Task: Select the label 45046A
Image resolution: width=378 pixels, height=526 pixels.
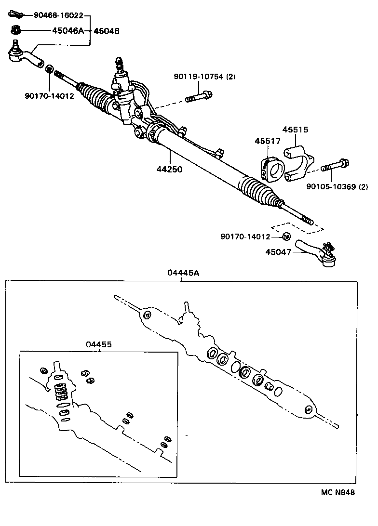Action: point(68,31)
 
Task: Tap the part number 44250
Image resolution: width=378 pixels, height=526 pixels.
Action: point(169,169)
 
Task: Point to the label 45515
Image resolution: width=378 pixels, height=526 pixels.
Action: point(295,130)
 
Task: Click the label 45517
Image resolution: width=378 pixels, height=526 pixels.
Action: point(268,141)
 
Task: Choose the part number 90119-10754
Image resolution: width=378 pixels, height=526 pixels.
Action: point(199,77)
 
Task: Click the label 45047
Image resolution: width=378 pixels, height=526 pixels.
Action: point(278,251)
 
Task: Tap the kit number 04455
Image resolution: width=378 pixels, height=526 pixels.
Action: point(99,344)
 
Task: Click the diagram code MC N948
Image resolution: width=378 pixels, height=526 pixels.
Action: point(337,492)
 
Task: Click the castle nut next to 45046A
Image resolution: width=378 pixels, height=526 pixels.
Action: point(15,30)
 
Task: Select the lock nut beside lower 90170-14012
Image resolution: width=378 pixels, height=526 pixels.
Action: point(285,236)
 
